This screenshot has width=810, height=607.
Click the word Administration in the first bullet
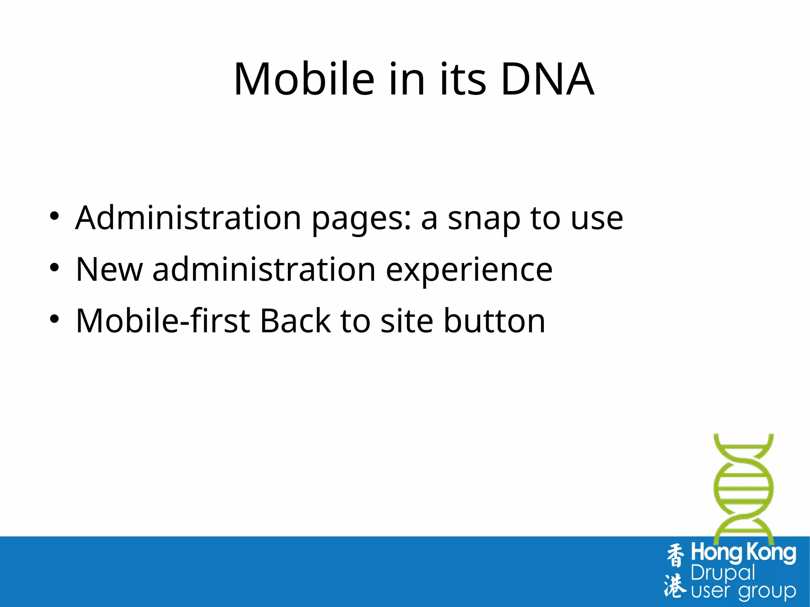188,218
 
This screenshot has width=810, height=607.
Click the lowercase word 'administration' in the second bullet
264,270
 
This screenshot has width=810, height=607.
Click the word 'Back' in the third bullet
295,321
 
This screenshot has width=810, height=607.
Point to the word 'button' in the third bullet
494,321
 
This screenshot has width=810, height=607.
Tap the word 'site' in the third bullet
407,321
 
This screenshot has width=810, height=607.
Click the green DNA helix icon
743,488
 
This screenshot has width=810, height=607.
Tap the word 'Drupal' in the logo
723,573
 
